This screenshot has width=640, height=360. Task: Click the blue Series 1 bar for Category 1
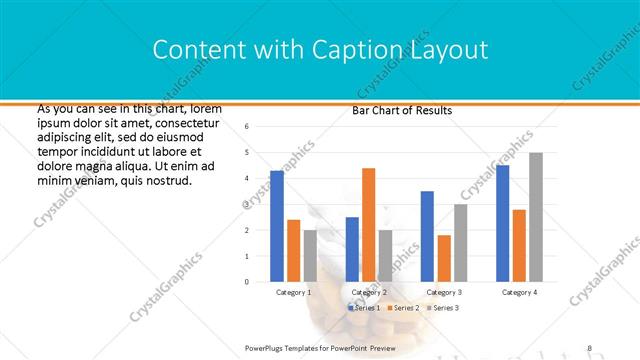click(x=277, y=226)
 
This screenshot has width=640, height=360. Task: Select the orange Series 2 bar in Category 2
click(x=368, y=225)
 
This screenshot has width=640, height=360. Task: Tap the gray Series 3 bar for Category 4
click(x=536, y=217)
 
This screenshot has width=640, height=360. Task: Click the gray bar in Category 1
click(x=310, y=256)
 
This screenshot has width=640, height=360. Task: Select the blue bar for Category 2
click(x=352, y=249)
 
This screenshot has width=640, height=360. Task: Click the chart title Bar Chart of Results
click(x=402, y=111)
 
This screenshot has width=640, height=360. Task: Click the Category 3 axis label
click(x=443, y=292)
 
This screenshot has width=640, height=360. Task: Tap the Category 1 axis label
click(x=293, y=292)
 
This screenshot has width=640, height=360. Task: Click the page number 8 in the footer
click(x=589, y=347)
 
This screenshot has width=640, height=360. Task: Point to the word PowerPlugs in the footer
click(x=266, y=347)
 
